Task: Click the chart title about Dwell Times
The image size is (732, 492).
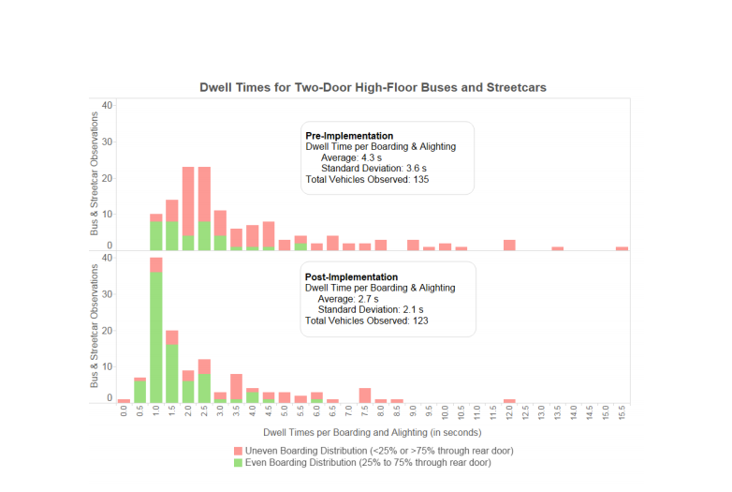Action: click(x=373, y=87)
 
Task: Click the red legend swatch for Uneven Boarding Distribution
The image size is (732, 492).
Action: click(x=238, y=451)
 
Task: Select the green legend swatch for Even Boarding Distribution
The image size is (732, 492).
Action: click(x=238, y=462)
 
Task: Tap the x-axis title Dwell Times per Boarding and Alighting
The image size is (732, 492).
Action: click(x=373, y=433)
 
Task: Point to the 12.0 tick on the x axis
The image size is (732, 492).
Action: click(x=509, y=413)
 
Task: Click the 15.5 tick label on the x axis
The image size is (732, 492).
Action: click(x=622, y=413)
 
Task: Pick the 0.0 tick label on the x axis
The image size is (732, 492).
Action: click(x=124, y=413)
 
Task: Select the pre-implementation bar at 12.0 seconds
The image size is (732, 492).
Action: click(x=509, y=245)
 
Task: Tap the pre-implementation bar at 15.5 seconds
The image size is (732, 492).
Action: click(x=622, y=248)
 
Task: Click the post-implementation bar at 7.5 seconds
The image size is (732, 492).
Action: click(x=365, y=395)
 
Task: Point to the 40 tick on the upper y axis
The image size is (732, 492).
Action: click(x=107, y=105)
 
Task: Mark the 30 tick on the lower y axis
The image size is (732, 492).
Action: click(x=107, y=294)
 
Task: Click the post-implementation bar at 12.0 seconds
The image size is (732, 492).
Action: click(x=509, y=401)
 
